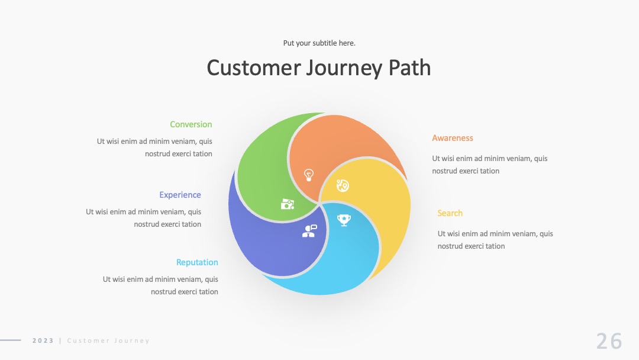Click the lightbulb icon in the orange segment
(x=309, y=175)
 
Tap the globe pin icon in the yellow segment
(x=343, y=185)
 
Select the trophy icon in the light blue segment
(x=344, y=220)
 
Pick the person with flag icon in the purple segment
(x=309, y=231)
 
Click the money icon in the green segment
(x=288, y=204)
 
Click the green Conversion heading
(x=191, y=124)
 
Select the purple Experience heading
(x=180, y=195)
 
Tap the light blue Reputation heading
(x=197, y=262)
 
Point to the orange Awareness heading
(x=453, y=138)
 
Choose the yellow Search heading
(x=450, y=213)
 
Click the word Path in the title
(x=409, y=67)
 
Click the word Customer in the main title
(x=253, y=67)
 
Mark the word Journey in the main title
(x=344, y=69)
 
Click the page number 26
(x=609, y=341)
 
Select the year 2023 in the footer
(x=43, y=340)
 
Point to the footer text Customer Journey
(x=108, y=341)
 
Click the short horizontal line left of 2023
(x=11, y=340)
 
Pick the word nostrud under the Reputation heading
(x=162, y=291)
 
